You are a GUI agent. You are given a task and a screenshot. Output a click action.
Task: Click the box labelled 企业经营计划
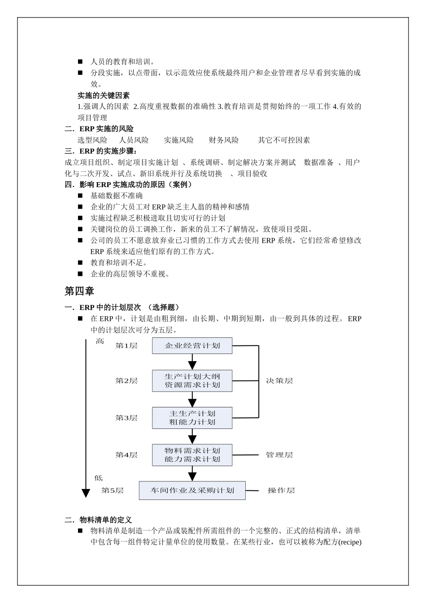[x=192, y=346]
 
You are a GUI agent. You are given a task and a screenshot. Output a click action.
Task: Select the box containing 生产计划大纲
[x=192, y=380]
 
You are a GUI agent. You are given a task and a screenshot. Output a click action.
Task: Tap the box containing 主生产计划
[x=192, y=418]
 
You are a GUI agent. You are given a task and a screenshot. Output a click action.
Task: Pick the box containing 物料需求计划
[x=192, y=455]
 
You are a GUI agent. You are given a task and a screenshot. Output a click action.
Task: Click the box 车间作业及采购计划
[x=192, y=490]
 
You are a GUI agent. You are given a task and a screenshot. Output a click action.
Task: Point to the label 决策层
[x=279, y=381]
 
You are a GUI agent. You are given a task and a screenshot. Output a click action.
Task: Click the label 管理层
[x=279, y=455]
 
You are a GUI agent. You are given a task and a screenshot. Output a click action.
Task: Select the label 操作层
[x=281, y=490]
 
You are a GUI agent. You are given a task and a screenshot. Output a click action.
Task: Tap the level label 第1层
[x=126, y=345]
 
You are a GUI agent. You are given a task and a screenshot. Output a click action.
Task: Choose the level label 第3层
[x=126, y=418]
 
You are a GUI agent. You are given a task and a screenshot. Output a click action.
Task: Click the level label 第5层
[x=113, y=490]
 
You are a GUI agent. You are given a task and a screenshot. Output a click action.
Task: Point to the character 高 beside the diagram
[x=100, y=342]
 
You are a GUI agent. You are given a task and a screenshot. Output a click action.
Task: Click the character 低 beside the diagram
[x=99, y=478]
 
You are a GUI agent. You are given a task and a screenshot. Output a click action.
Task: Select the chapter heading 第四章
[x=79, y=291]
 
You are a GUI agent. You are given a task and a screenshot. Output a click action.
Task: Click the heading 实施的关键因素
[x=104, y=95]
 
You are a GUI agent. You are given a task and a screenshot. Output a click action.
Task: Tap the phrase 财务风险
[x=224, y=140]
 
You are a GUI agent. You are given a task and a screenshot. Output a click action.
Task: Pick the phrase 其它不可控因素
[x=284, y=140]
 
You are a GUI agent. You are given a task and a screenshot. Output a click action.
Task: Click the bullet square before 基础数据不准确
[x=80, y=196]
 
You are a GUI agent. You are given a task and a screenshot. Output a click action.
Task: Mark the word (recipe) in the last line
[x=349, y=542]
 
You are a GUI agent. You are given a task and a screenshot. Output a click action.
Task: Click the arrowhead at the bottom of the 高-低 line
[x=86, y=493]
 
